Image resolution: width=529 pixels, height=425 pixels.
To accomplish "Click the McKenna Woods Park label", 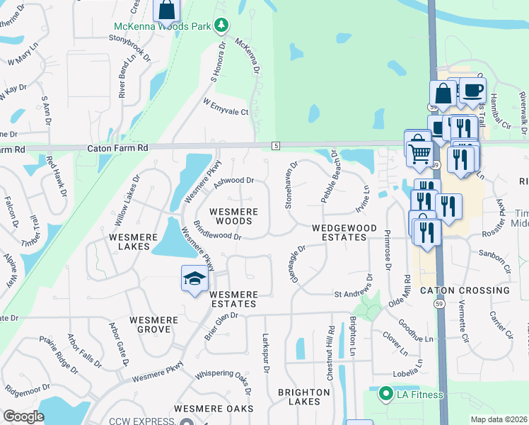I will coord(163,27).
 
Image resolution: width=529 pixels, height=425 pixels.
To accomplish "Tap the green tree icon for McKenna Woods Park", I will coord(221,25).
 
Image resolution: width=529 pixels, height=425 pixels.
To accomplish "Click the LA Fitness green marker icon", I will coord(385,394).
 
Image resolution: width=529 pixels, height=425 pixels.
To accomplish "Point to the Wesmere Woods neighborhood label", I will coord(233,216).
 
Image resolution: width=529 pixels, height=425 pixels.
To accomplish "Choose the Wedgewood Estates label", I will coord(340,232).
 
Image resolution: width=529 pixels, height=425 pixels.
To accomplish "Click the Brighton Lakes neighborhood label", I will coord(304,397).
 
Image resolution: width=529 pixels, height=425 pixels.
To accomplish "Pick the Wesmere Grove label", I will coord(153,324).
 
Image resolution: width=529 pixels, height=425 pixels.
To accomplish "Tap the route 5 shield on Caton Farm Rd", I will coord(276,145).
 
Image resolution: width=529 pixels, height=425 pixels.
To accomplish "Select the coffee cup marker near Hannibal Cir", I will coord(473,90).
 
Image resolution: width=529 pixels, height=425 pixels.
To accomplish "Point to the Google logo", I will coord(23,416).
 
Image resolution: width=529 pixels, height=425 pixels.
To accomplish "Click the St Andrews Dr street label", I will coord(353,293).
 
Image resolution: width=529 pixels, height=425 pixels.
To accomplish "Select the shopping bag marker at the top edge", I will coord(167,10).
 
